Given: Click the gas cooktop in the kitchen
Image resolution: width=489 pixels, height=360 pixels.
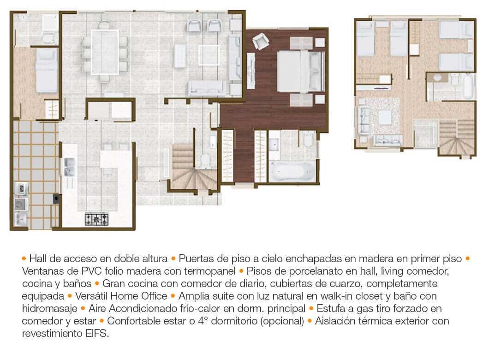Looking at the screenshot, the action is pos(97,219).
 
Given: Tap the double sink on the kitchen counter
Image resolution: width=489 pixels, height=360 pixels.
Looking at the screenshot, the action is pos(69,167).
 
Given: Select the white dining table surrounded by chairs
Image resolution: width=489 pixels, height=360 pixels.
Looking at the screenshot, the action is pos(105,52).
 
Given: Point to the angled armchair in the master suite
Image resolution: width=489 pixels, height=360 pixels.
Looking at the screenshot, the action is pos(260,41).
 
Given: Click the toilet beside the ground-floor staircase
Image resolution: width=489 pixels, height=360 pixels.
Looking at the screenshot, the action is pos(205,160).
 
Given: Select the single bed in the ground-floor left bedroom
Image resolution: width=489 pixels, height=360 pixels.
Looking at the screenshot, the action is pos(47,70).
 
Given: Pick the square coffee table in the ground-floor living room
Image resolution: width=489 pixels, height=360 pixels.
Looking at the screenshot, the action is pos(209,55).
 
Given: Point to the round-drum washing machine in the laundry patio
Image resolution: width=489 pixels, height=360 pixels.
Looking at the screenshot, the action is pos(21,204).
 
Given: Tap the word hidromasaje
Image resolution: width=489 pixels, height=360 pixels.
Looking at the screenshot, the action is pos(49,308).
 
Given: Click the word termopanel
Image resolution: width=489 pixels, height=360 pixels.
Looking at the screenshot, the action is pos(209,271).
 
